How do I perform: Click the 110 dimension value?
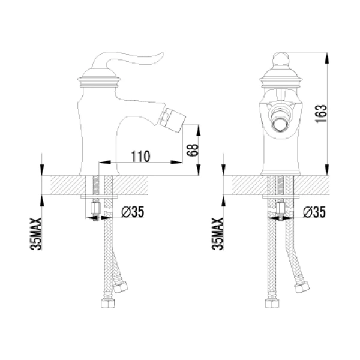click(x=140, y=156)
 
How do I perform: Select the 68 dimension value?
click(x=192, y=150)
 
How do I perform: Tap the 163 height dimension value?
click(x=321, y=113)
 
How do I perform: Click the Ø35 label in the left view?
click(x=133, y=211)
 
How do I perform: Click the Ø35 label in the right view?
click(x=314, y=211)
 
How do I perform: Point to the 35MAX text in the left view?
click(x=36, y=234)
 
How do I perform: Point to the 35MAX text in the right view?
click(x=217, y=234)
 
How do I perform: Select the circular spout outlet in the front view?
click(x=280, y=125)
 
